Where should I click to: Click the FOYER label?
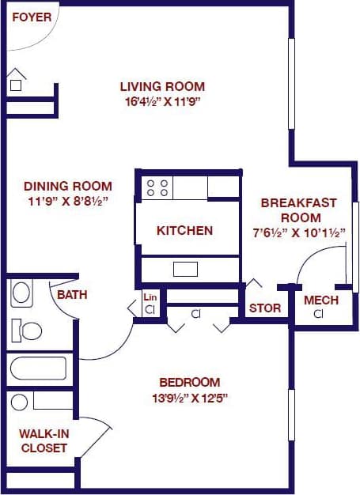(31, 17)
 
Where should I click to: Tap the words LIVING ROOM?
(162, 87)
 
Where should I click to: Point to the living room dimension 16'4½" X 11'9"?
(162, 102)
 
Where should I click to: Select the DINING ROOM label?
(67, 187)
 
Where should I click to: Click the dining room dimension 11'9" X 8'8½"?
(67, 201)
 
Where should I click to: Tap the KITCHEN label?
(184, 231)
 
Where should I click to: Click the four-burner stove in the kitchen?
(157, 187)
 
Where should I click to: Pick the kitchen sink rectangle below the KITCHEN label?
(185, 269)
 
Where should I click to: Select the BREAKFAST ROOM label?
(299, 210)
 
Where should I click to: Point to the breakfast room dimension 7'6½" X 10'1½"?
(299, 232)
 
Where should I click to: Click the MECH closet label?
(320, 300)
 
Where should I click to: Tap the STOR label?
(264, 308)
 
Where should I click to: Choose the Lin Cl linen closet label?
(150, 304)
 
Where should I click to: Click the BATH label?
(71, 296)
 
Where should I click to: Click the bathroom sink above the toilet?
(21, 294)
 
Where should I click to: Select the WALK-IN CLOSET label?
(44, 440)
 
